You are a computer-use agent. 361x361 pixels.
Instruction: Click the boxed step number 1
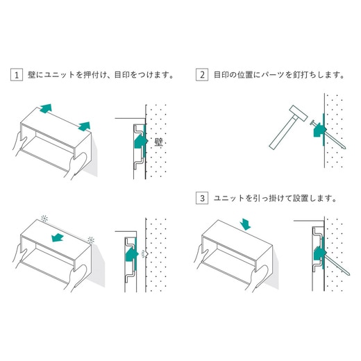[16, 74]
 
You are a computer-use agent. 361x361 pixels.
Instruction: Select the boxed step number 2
[202, 74]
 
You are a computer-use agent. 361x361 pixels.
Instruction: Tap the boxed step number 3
[202, 198]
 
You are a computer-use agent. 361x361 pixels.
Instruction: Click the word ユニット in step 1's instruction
[59, 74]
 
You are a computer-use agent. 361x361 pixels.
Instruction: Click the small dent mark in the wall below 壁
[144, 253]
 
